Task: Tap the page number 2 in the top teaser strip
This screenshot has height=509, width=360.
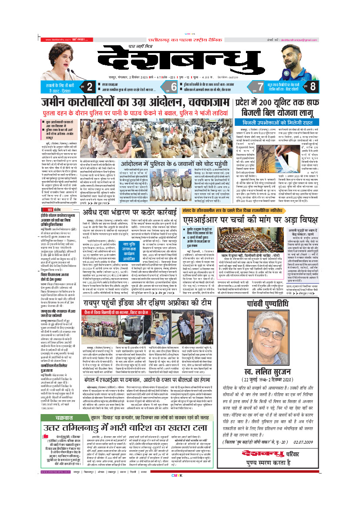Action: point(89,86)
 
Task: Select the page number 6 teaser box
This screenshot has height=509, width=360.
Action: point(173,86)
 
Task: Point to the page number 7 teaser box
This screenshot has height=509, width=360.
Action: point(261,86)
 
